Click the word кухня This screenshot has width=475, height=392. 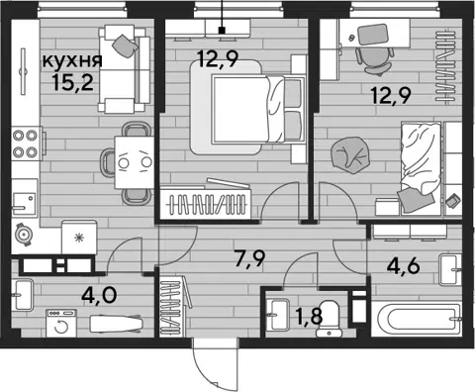(72, 61)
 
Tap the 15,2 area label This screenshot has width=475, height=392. (73, 82)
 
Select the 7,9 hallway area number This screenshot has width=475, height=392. (249, 258)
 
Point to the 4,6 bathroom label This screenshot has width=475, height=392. (404, 266)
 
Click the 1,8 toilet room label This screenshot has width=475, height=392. (309, 317)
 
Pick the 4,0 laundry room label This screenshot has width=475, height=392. (99, 295)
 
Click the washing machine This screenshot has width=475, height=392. (61, 324)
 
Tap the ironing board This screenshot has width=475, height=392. (117, 324)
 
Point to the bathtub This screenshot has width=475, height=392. (417, 319)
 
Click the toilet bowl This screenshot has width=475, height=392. (329, 318)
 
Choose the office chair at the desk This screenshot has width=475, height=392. (375, 59)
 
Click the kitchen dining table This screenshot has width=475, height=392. (134, 162)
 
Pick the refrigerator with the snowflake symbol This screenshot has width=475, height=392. (79, 238)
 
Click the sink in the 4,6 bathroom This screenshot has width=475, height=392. (450, 270)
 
